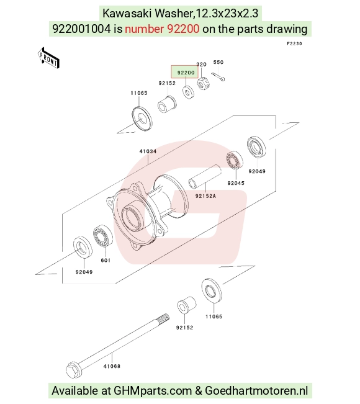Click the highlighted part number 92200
[x=186, y=73]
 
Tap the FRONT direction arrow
[x=48, y=58]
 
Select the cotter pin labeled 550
[x=218, y=77]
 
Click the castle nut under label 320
[x=204, y=83]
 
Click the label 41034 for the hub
[x=148, y=151]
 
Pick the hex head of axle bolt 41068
[x=74, y=370]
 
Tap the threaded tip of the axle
[x=164, y=318]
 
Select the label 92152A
[x=205, y=196]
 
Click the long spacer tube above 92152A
[x=205, y=177]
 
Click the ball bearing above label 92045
[x=235, y=160]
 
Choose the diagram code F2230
[x=294, y=43]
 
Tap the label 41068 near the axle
[x=112, y=366]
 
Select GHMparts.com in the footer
[x=153, y=390]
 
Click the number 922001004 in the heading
[x=81, y=29]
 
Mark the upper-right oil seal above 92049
[x=256, y=147]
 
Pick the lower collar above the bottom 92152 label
[x=187, y=305]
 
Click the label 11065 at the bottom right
[x=214, y=316]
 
